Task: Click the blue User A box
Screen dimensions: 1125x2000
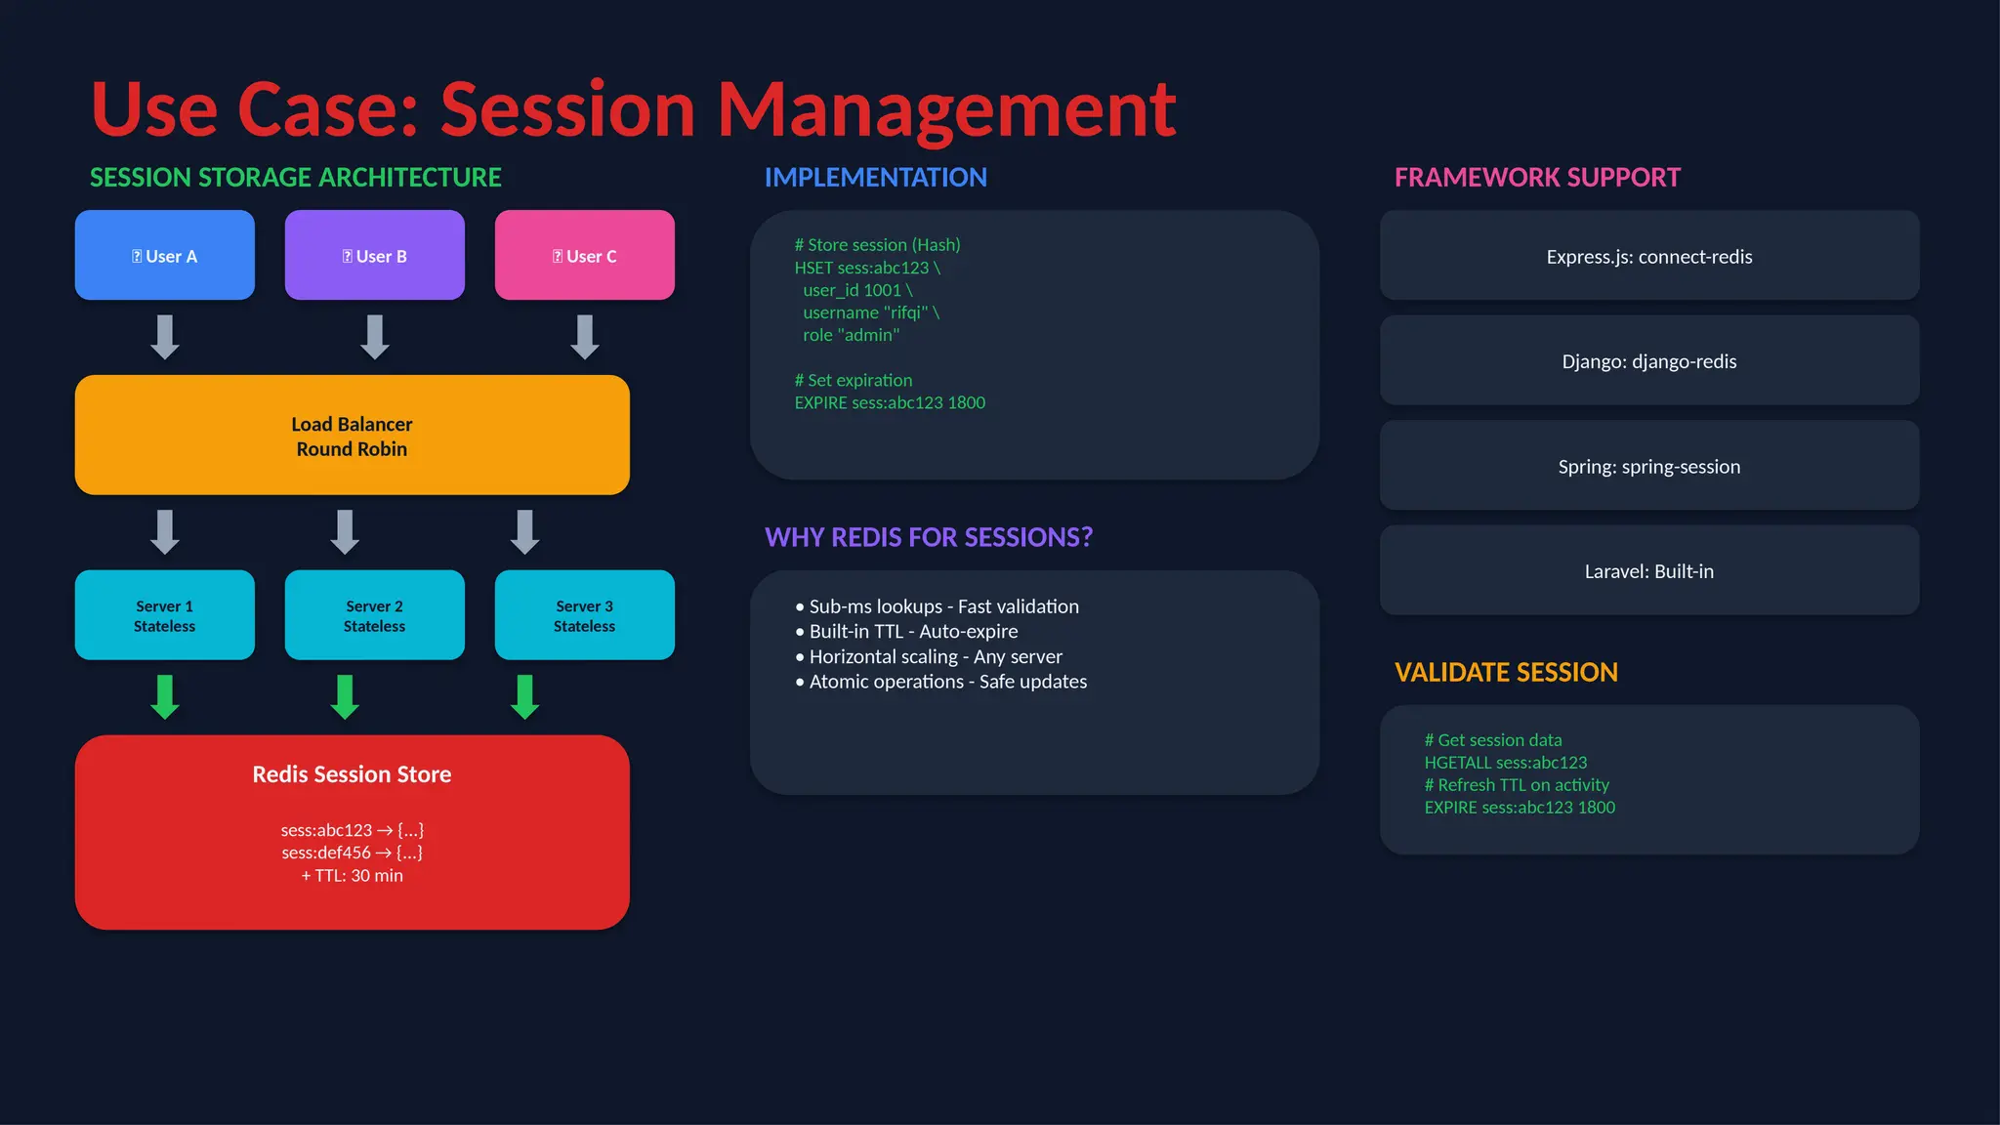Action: pyautogui.click(x=164, y=255)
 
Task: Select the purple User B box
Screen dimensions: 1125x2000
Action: pyautogui.click(x=374, y=255)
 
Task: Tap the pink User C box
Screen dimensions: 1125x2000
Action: pyautogui.click(x=584, y=255)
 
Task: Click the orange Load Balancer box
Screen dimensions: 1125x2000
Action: pyautogui.click(x=352, y=436)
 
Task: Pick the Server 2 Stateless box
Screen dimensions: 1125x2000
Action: pyautogui.click(x=374, y=615)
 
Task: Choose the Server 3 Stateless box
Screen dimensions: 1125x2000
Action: pyautogui.click(x=584, y=615)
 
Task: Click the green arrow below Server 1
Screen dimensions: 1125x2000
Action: pyautogui.click(x=165, y=696)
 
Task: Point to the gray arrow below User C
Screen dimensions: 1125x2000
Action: pyautogui.click(x=584, y=336)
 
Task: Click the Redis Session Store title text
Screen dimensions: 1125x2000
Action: pyautogui.click(x=352, y=774)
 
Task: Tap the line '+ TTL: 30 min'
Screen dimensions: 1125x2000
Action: pyautogui.click(x=352, y=876)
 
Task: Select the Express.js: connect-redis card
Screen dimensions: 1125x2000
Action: pyautogui.click(x=1648, y=256)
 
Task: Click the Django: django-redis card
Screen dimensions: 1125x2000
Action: pyautogui.click(x=1648, y=361)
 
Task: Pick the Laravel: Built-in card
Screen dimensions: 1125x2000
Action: pyautogui.click(x=1648, y=571)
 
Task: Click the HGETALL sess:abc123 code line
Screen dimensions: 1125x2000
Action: pyautogui.click(x=1505, y=763)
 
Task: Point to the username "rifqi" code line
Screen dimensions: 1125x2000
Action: pyautogui.click(x=870, y=312)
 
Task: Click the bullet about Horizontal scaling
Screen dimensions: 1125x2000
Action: pyautogui.click(x=935, y=656)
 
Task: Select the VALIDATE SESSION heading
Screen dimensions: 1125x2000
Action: pyautogui.click(x=1506, y=672)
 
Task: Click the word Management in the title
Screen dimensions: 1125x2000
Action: pyautogui.click(x=946, y=109)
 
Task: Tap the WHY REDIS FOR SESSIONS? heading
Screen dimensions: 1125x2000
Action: pyautogui.click(x=928, y=537)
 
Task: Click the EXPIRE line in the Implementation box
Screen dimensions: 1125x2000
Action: pyautogui.click(x=889, y=402)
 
